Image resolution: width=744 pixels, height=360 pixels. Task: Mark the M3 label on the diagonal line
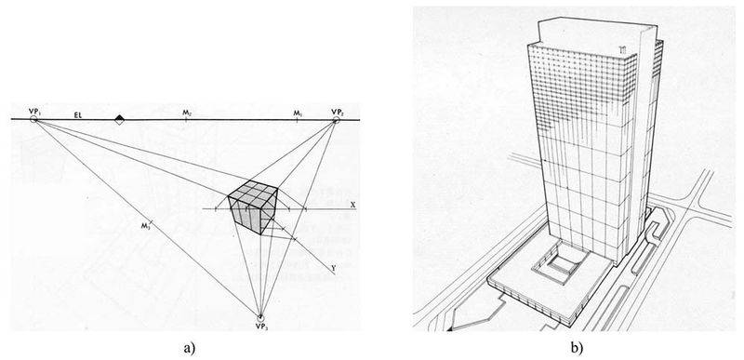(145, 225)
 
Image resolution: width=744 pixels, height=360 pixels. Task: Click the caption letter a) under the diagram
(190, 348)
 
